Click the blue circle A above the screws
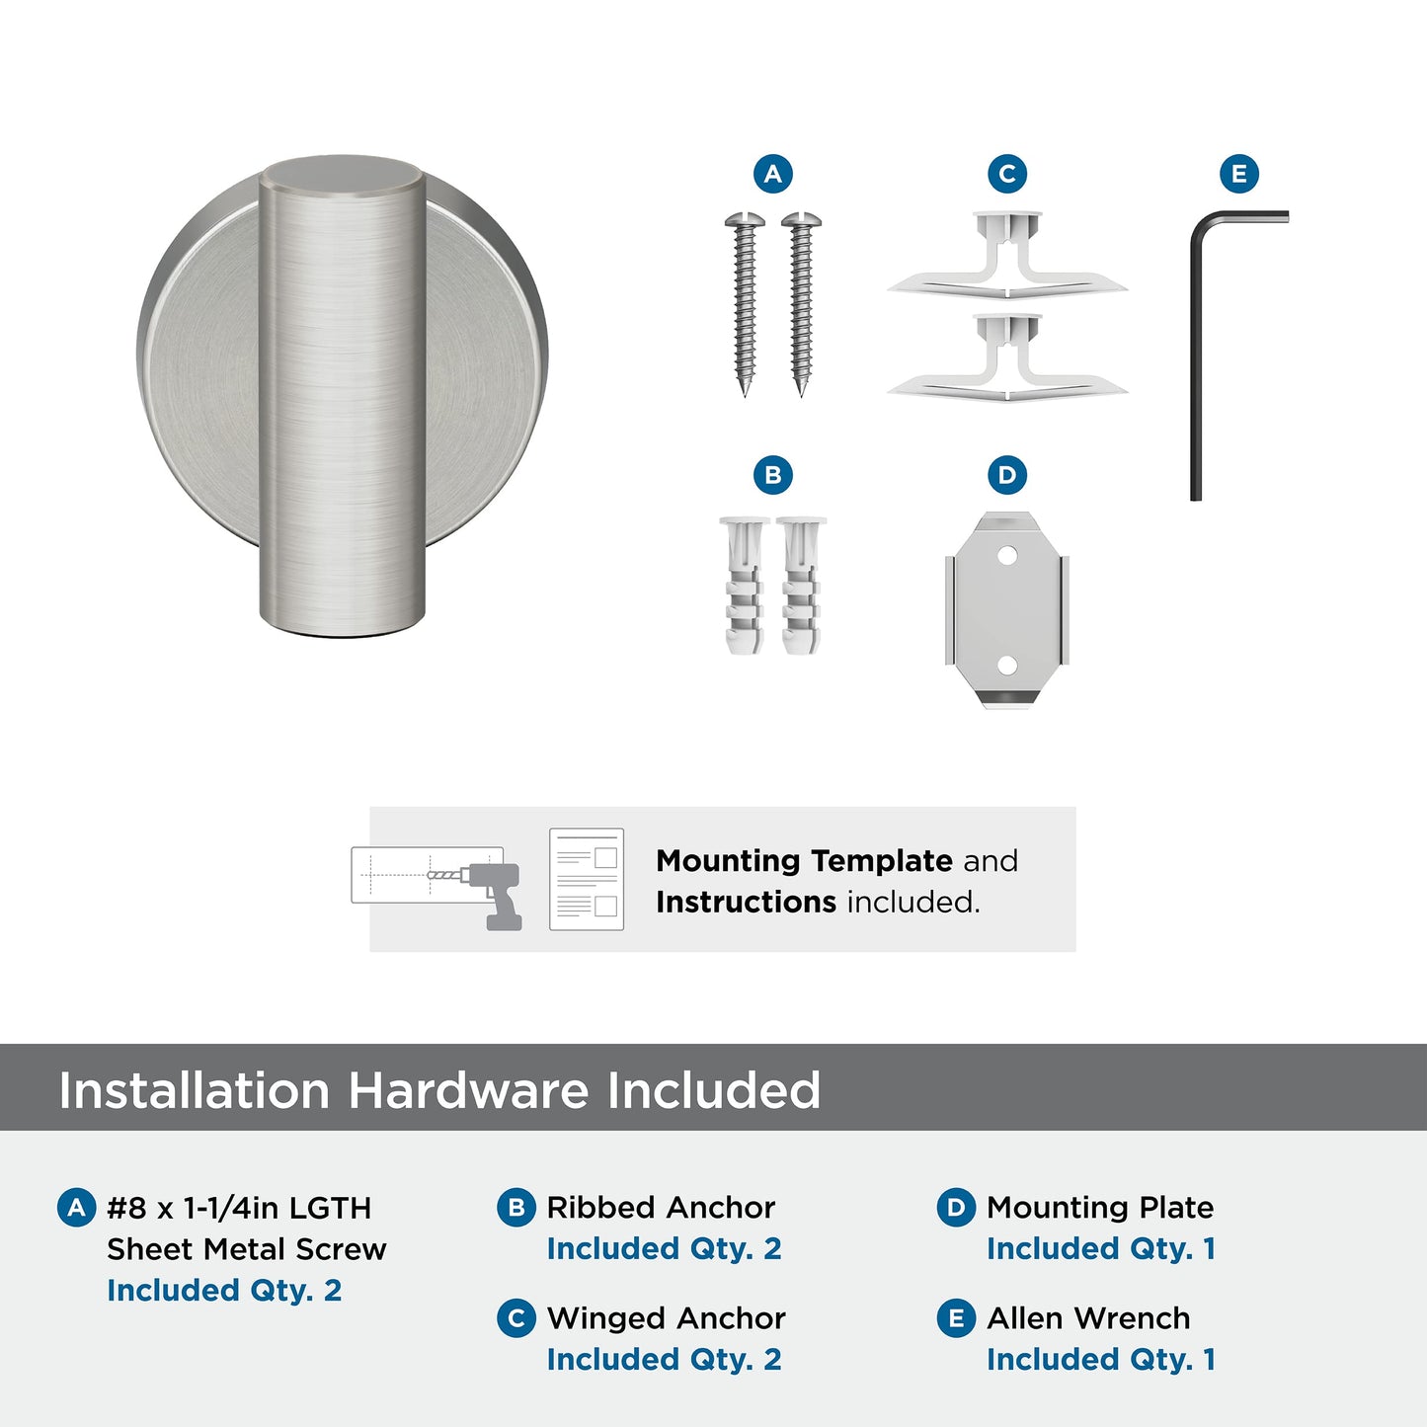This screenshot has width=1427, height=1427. point(772,175)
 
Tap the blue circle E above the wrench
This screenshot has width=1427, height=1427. point(1238,175)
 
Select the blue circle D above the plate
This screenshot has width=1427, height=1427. point(1006,475)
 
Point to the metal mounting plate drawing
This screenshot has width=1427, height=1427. point(1007,609)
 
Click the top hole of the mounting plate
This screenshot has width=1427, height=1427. point(1007,555)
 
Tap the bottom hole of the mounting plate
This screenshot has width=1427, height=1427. point(1007,665)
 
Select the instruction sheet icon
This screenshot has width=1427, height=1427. point(587,879)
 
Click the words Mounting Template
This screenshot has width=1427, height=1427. point(804,861)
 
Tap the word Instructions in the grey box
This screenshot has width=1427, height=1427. point(746,903)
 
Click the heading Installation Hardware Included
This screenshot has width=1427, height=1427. point(439,1091)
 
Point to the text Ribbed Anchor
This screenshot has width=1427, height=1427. point(661,1208)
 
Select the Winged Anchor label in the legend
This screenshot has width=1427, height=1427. point(666,1318)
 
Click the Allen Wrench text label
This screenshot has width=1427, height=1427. point(1088,1318)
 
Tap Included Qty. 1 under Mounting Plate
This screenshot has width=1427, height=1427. point(1100,1249)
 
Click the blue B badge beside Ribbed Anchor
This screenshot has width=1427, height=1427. point(515,1208)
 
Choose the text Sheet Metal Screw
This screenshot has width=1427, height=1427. point(247,1249)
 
